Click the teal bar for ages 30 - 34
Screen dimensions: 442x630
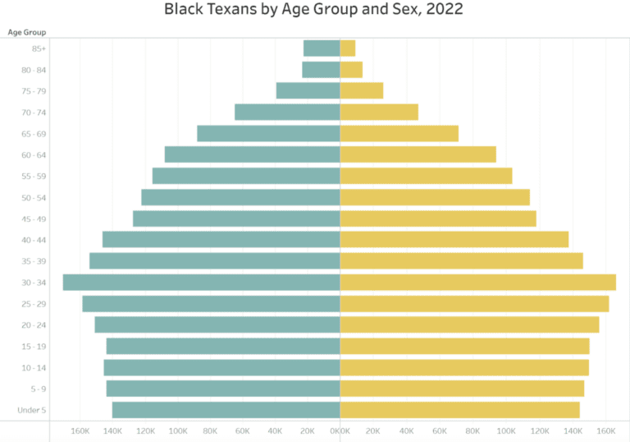201,282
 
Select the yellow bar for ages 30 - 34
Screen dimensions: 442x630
477,282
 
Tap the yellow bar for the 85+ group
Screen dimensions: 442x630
348,48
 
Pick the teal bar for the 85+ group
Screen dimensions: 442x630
322,48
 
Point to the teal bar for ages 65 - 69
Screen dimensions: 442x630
268,133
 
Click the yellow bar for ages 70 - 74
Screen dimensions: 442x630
379,112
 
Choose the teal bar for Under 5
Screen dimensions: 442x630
226,409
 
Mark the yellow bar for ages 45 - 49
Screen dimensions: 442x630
438,219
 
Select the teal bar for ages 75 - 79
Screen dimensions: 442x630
308,90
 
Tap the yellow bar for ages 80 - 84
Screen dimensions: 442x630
351,70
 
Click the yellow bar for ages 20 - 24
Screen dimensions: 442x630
469,325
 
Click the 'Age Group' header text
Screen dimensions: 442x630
27,32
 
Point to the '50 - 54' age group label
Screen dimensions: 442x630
34,197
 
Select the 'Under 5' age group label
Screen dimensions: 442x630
32,409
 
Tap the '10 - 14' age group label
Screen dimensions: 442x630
34,367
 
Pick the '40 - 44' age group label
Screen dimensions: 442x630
34,240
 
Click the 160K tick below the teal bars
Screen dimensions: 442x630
80,430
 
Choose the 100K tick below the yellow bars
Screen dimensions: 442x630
506,430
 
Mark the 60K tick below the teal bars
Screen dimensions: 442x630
242,430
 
